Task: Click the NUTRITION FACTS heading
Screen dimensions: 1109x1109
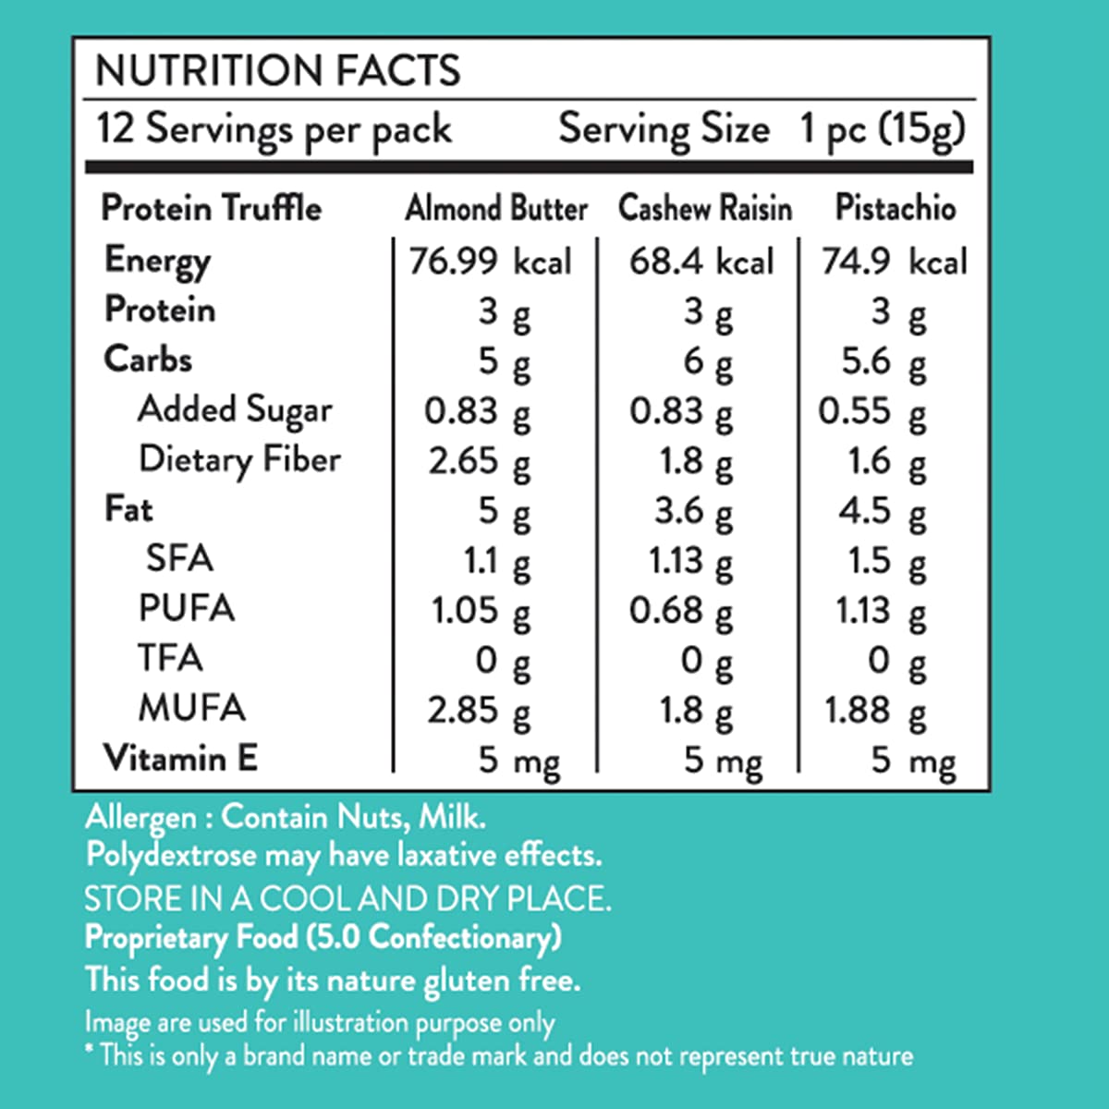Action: [x=278, y=71]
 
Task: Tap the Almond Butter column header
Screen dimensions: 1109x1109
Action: [x=496, y=209]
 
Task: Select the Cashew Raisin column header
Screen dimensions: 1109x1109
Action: [x=705, y=209]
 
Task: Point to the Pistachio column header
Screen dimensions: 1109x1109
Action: [x=895, y=208]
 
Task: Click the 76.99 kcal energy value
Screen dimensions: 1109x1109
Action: [x=491, y=262]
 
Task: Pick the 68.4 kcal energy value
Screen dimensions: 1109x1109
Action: [x=701, y=262]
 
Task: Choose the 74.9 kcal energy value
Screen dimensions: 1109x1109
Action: [x=894, y=262]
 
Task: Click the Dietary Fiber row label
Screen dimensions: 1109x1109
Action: [x=239, y=460]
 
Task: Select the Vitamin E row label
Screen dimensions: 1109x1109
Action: [x=180, y=759]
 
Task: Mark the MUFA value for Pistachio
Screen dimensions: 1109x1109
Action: [x=874, y=711]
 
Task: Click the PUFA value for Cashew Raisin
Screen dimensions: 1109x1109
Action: [x=681, y=611]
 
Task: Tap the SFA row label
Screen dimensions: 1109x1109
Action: [x=179, y=559]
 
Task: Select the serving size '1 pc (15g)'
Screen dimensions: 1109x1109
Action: [x=883, y=130]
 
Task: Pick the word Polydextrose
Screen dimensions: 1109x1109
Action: [x=171, y=855]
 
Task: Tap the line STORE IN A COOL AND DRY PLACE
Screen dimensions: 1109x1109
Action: [x=347, y=898]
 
